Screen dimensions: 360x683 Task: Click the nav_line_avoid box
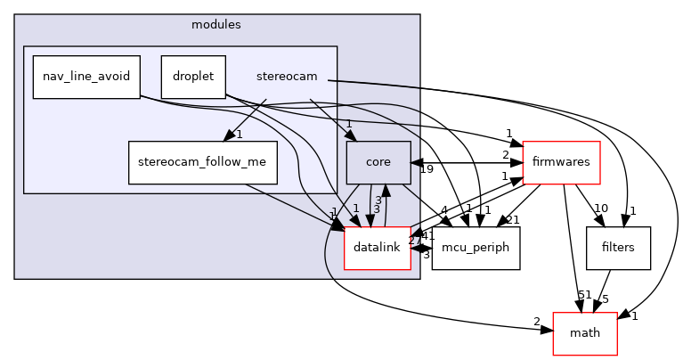[x=85, y=78]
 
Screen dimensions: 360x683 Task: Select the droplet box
[x=193, y=78]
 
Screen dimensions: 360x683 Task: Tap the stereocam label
[x=286, y=78]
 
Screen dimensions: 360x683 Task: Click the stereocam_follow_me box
[x=203, y=162]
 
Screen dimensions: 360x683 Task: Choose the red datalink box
[x=377, y=248]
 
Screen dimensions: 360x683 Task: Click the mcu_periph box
[x=476, y=248]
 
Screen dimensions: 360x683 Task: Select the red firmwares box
[x=561, y=163]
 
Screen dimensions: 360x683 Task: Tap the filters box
[x=619, y=248]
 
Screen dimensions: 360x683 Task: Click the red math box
[x=585, y=333]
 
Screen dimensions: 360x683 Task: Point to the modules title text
[x=216, y=24]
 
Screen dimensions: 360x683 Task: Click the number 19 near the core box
[x=426, y=169]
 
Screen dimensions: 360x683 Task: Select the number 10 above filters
[x=601, y=208]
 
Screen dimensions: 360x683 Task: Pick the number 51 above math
[x=584, y=294]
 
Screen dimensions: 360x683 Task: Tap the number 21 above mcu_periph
[x=512, y=220]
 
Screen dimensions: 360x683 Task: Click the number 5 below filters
[x=606, y=299]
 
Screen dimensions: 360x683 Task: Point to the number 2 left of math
[x=537, y=321]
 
